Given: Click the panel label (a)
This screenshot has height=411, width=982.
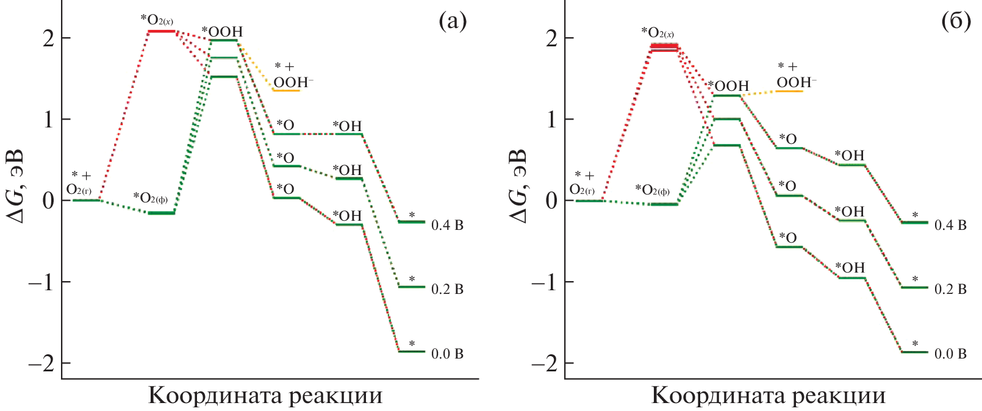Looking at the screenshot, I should point(453,22).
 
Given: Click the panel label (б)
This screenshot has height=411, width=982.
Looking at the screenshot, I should point(955,22).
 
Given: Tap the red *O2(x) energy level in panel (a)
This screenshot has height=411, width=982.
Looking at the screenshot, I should point(161,31).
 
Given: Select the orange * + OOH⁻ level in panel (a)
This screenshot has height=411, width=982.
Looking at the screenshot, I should point(285,90).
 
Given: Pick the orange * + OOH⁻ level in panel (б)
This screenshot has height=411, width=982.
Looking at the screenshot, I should point(789,91).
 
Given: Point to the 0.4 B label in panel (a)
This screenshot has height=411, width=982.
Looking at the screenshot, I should point(447,226).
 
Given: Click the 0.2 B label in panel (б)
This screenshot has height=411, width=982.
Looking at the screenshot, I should point(950,289).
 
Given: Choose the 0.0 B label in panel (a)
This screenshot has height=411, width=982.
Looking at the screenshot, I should point(447,354).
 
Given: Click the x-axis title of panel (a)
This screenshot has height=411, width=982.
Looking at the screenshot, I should point(265,396).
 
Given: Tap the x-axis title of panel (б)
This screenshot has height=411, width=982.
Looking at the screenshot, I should point(769,396).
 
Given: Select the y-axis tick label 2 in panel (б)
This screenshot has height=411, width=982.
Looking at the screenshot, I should point(551,38).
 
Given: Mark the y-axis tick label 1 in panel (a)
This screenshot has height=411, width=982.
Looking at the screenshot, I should point(48,120).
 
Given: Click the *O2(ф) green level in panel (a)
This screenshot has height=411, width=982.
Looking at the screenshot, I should point(162,213).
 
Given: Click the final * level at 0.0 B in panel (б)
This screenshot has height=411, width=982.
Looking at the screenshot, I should point(914,352).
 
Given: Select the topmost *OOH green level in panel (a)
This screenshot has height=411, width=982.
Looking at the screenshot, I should point(223,40).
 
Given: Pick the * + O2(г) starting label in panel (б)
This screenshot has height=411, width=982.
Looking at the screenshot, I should point(582,183).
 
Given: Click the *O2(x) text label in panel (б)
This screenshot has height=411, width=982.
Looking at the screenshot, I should point(658,32).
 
